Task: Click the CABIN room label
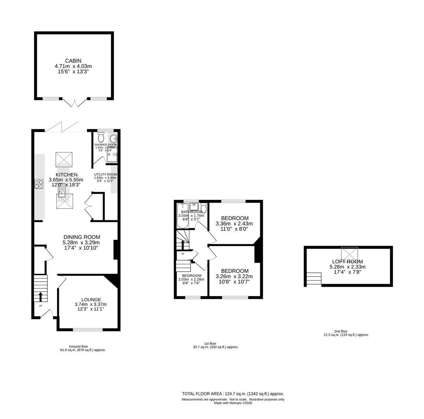tap(73, 61)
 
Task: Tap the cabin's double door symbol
tap(75, 102)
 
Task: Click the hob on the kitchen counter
tap(39, 184)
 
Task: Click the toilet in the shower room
tap(101, 137)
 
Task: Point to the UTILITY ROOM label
tap(106, 175)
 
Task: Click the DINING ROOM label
tap(82, 237)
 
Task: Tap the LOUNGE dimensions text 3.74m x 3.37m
tap(90, 305)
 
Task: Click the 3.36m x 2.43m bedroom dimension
tap(234, 224)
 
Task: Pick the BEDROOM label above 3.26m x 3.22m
tap(235, 271)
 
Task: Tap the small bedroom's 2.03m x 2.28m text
tap(192, 279)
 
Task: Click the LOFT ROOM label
tap(347, 261)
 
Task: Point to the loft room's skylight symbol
tap(350, 254)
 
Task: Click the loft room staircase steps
tap(314, 279)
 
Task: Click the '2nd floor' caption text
tap(341, 331)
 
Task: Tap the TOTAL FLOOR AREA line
tap(233, 393)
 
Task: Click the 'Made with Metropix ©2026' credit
tap(233, 403)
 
